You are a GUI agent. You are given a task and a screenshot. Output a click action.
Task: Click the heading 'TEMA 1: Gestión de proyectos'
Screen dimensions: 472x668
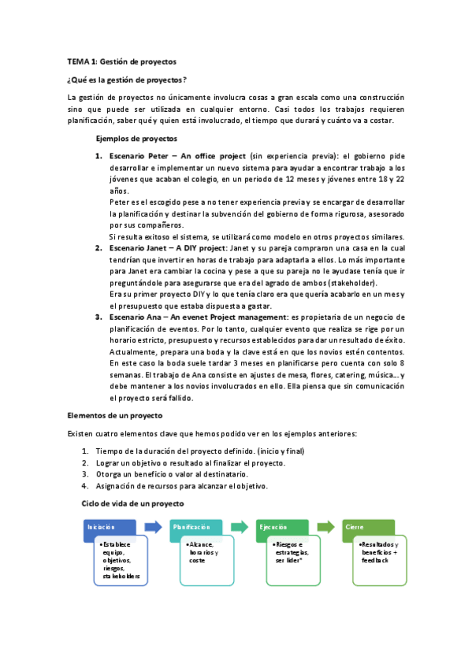click(x=122, y=61)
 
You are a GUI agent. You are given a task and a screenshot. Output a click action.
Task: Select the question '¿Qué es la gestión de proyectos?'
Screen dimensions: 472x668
click(x=128, y=80)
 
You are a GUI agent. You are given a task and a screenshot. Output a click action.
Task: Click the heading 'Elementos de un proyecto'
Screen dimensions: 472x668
click(x=115, y=414)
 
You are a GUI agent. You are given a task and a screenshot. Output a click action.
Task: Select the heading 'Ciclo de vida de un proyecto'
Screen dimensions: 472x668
click(x=132, y=503)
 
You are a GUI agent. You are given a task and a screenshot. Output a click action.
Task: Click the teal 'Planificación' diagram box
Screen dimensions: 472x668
click(x=191, y=527)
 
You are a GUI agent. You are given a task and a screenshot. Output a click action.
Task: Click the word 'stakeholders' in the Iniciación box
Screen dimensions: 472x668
click(x=122, y=577)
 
